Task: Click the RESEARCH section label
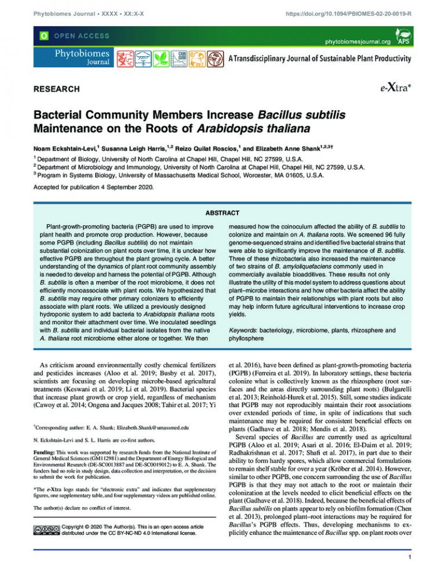coord(56,89)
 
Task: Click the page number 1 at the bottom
coord(410,558)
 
